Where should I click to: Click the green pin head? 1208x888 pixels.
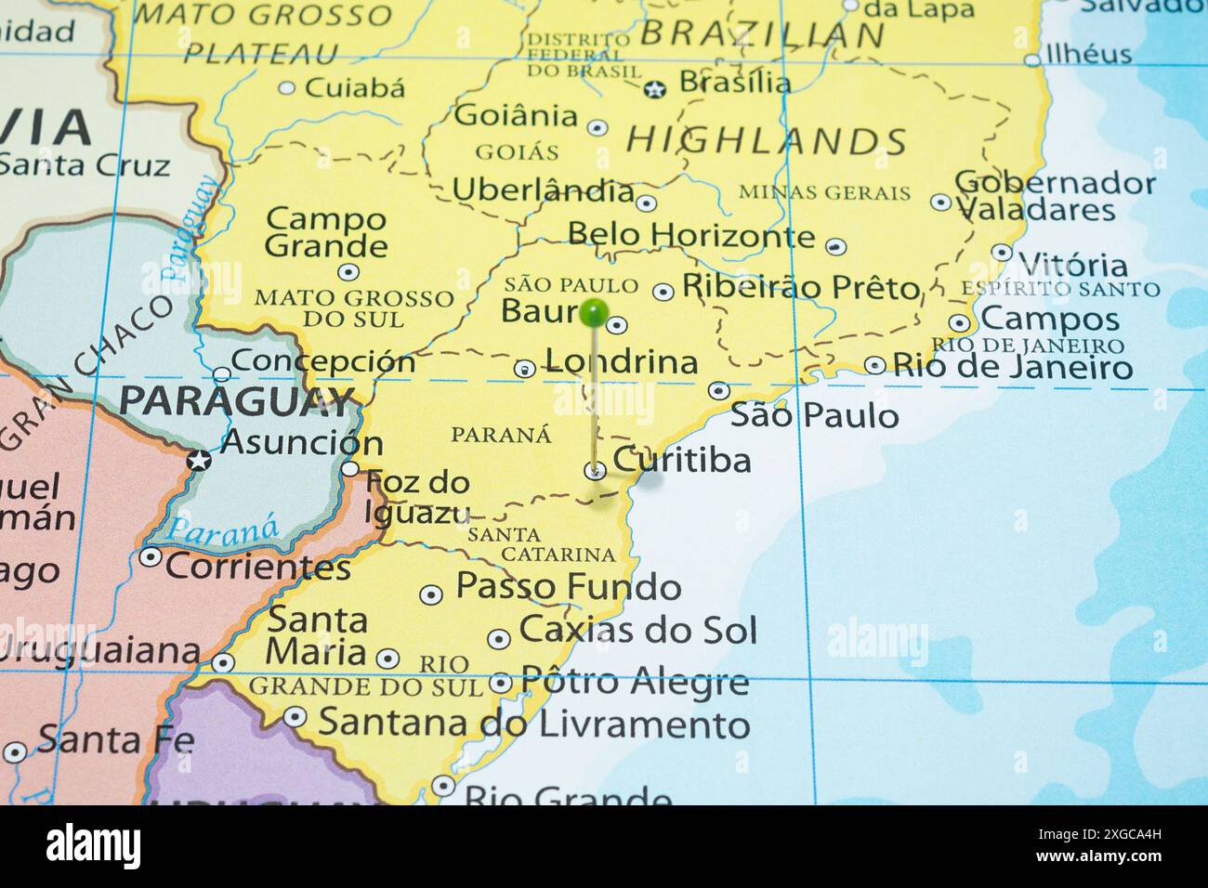coord(594,313)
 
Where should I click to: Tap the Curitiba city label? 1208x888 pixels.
coord(682,460)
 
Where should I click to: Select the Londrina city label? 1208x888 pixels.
coord(621,361)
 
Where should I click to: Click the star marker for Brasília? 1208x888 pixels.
coord(655,90)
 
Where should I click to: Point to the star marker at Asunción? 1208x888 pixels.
coord(198,460)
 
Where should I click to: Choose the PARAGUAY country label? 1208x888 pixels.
coord(238,402)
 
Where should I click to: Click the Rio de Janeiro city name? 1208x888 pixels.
coord(1013,366)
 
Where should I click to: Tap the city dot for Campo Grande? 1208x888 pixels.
coord(348,272)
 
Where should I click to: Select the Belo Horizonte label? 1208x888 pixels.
coord(690,234)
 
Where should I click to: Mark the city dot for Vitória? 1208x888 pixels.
coord(1001,252)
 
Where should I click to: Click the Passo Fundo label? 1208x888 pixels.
coord(568,587)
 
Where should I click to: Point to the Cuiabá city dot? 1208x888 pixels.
coord(287,88)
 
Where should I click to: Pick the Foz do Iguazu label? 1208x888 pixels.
coord(417,497)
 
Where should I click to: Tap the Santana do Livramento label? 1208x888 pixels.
coord(533,723)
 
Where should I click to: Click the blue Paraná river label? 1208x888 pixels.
coord(223,531)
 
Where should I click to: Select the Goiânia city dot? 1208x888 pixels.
coord(597,127)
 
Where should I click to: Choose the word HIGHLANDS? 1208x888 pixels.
coord(767,141)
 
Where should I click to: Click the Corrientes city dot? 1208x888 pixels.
coord(150,557)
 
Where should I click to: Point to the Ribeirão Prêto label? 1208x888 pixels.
coord(800,287)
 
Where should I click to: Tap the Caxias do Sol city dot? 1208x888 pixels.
coord(499,639)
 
